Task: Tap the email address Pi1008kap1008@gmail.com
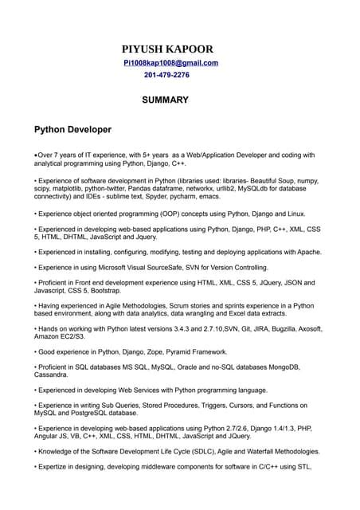click(170, 63)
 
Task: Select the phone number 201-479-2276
click(166, 75)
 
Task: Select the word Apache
click(307, 251)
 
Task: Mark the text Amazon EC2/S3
click(58, 338)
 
